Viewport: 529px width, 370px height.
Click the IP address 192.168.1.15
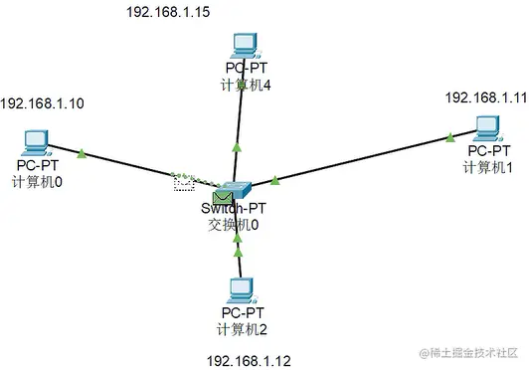pos(167,13)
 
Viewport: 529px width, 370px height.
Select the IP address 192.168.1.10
pos(41,103)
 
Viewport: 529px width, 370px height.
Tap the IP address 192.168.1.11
pos(484,97)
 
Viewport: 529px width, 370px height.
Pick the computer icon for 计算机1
pos(486,127)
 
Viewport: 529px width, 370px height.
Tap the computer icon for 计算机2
pos(240,289)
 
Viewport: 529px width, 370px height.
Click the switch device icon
pos(240,188)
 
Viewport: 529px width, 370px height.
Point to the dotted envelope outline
pos(184,182)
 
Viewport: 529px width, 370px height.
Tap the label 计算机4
pos(246,86)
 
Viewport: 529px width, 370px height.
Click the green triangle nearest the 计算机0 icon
pos(82,153)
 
